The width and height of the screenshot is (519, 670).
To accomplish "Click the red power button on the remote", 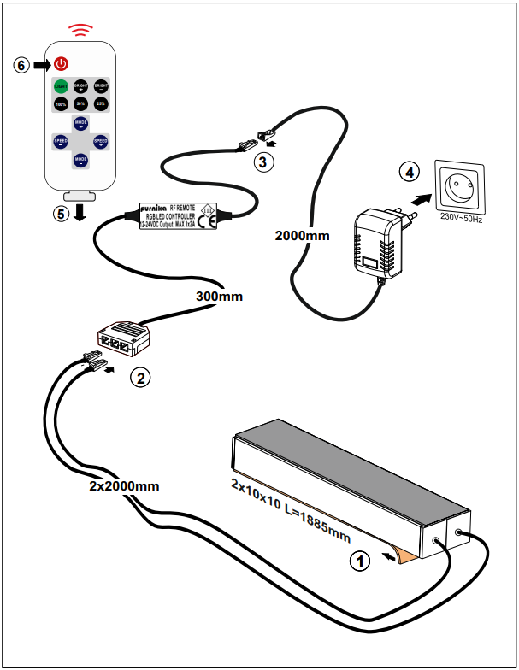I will coord(61,64).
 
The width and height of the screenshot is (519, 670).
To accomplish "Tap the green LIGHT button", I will coord(61,86).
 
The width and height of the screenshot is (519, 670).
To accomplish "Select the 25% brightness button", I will coord(101,104).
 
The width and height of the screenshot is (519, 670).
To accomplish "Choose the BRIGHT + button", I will coord(81,86).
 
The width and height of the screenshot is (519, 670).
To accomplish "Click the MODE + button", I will coord(80,124).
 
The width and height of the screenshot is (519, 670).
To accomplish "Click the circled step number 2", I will coord(140,375).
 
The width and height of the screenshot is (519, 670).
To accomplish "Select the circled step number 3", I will coord(265,160).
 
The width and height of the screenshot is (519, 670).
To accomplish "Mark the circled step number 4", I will coord(411,173).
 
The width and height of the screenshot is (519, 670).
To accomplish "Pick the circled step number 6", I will coord(23,65).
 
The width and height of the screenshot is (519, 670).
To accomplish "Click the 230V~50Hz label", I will coord(462,218).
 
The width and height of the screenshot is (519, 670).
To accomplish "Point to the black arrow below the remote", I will coord(80,212).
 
